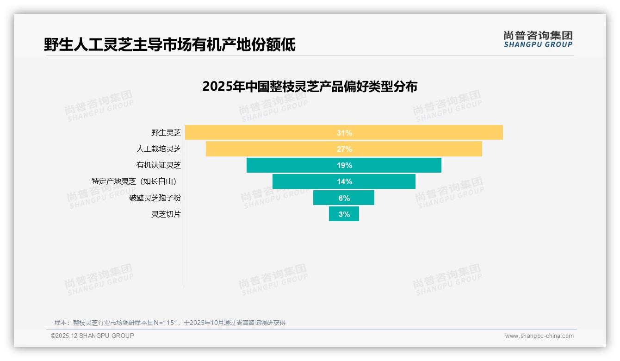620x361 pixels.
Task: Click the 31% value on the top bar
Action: (x=344, y=133)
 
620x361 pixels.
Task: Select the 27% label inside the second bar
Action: (x=344, y=149)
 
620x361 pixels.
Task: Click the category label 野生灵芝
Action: (x=166, y=133)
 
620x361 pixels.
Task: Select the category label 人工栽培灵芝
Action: (x=159, y=149)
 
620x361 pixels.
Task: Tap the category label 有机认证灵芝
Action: (x=159, y=165)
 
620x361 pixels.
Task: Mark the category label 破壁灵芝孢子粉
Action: (x=155, y=198)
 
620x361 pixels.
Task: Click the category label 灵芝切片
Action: (x=166, y=214)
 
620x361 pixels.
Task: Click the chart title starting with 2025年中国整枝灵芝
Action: (x=310, y=87)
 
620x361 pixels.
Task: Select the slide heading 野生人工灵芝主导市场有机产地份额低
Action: (x=170, y=45)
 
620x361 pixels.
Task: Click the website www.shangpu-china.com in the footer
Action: (x=539, y=336)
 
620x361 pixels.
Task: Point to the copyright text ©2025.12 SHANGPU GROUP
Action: (x=93, y=336)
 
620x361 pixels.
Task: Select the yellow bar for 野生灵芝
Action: (x=416, y=133)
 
